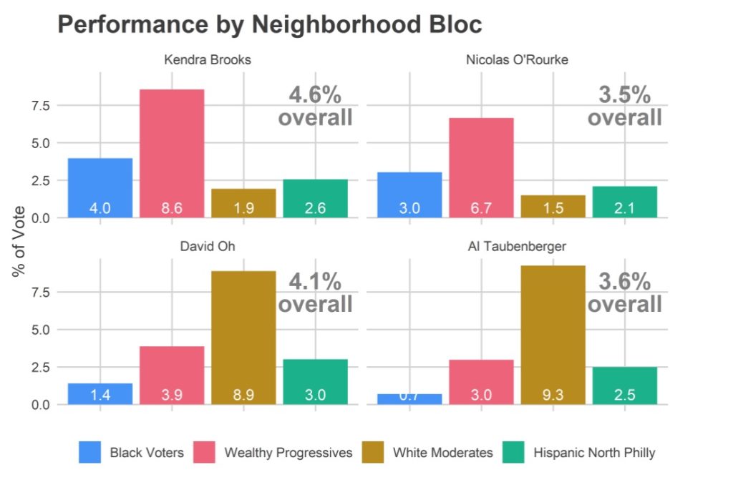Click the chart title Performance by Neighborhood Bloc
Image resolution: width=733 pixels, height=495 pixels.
click(x=269, y=25)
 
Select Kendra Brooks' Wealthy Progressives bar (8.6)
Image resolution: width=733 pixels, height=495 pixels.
click(x=172, y=153)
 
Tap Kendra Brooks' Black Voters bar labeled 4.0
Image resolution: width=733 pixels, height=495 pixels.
click(x=100, y=187)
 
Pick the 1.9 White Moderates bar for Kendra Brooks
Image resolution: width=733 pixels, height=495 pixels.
click(x=243, y=203)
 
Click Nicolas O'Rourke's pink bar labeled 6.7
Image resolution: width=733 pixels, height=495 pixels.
click(x=481, y=167)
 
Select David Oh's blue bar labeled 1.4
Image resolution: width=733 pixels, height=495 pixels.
click(x=100, y=394)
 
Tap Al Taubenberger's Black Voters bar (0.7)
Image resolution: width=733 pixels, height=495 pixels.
click(x=409, y=399)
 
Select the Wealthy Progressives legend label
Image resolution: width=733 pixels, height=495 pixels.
click(x=288, y=453)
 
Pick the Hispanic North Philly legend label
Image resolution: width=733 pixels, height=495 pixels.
click(x=584, y=453)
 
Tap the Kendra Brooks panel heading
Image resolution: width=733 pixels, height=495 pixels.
click(x=208, y=59)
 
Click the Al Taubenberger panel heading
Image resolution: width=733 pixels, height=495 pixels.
click(x=517, y=246)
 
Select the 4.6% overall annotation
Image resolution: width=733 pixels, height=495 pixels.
click(x=315, y=106)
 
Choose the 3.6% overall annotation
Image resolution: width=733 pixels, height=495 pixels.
click(x=624, y=293)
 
